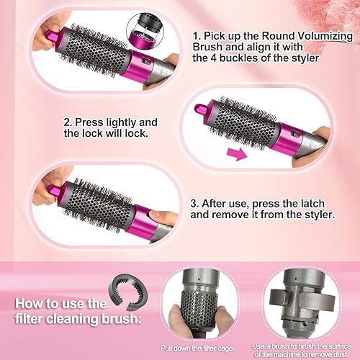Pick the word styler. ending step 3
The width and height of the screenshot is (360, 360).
point(312,216)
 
